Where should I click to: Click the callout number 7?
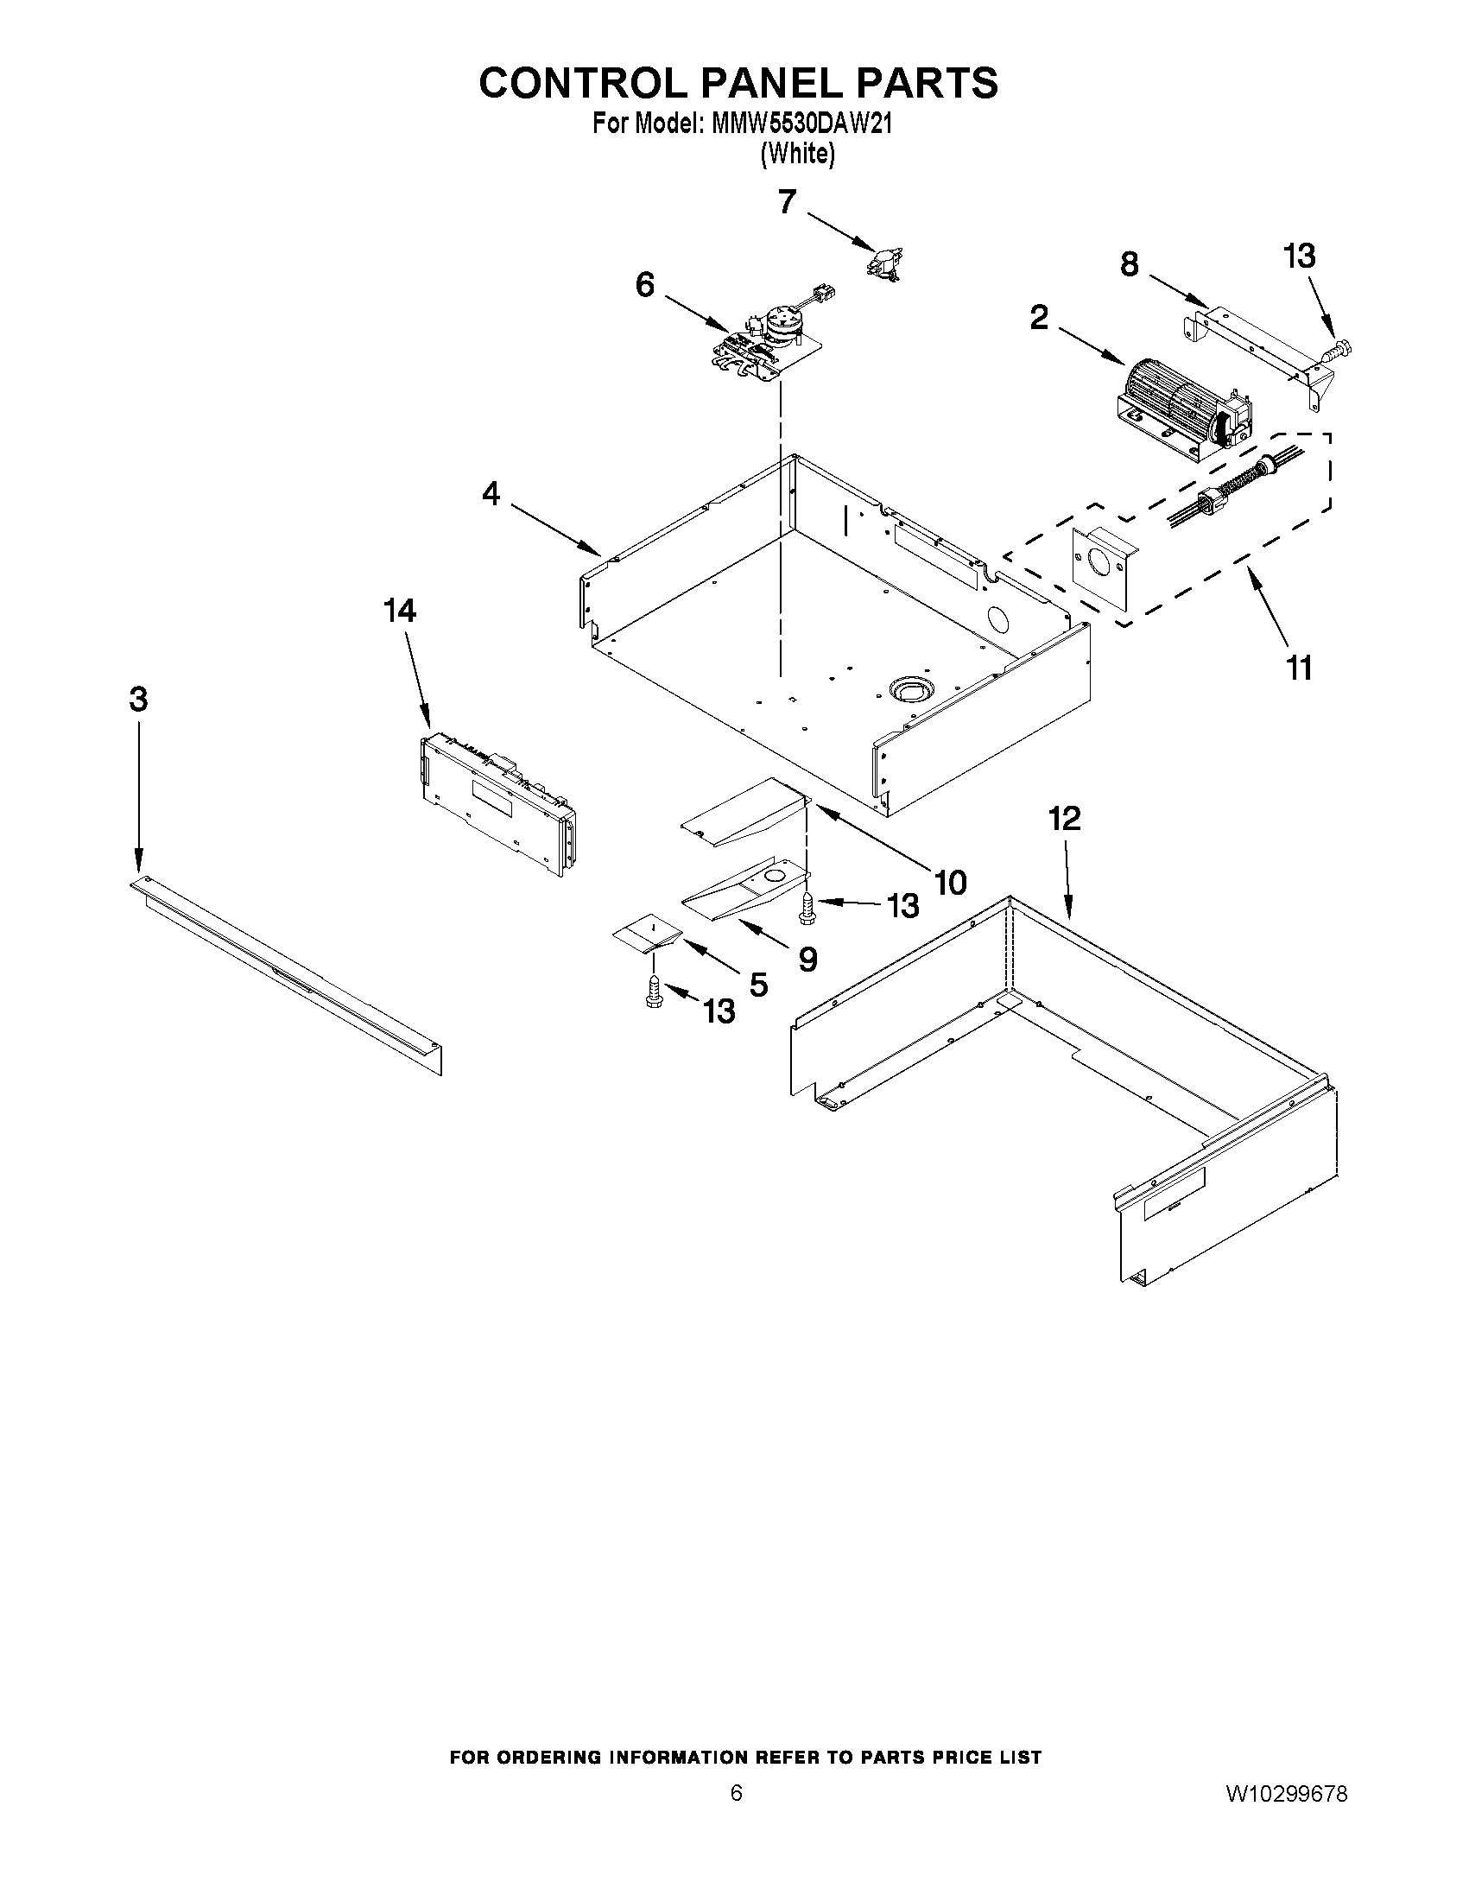787,202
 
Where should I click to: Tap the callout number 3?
138,698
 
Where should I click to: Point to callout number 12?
1064,818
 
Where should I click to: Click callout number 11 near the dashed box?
1299,669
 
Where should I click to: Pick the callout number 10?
949,883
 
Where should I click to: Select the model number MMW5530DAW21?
801,124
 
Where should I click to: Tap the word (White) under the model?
796,154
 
